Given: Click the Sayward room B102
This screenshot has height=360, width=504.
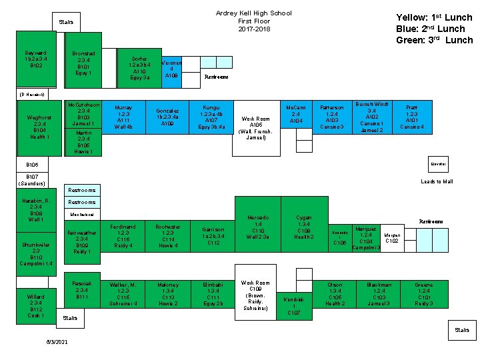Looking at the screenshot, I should click(35, 59).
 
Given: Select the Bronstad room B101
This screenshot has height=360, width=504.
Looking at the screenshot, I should click(83, 63).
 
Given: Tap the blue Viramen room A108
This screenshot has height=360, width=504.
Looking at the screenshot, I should click(171, 67).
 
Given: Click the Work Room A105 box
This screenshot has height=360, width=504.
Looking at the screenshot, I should click(256, 128).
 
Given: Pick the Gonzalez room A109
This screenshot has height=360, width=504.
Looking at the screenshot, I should click(167, 117).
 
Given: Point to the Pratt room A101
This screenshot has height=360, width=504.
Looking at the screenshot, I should click(412, 116).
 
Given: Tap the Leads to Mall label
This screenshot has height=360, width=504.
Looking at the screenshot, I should click(437, 181).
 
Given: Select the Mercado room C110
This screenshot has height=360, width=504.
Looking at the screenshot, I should click(258, 227).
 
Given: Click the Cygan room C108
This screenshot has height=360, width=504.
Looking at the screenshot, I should click(303, 227).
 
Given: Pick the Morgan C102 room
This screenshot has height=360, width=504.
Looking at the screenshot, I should click(392, 238).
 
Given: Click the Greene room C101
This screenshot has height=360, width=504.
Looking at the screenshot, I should click(423, 294).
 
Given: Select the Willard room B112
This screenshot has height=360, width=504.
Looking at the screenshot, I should click(35, 305).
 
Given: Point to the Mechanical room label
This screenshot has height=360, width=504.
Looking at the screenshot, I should click(83, 215).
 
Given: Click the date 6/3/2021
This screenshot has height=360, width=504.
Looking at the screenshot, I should click(57, 341).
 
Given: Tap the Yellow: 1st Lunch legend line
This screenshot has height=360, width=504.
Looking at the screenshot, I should click(434, 17).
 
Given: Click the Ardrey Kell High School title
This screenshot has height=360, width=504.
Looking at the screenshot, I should click(254, 13).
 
